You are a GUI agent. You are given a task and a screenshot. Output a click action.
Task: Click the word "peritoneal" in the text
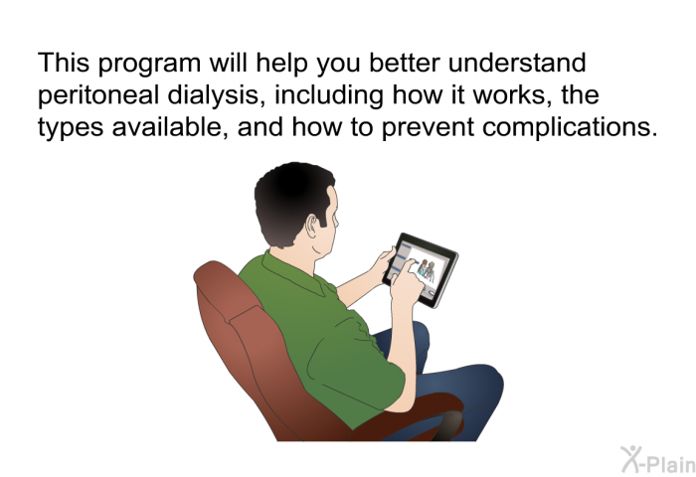[x=98, y=95]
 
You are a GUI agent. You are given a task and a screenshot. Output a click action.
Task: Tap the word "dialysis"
[x=217, y=95]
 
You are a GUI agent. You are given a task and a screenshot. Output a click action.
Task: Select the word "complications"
[x=570, y=127]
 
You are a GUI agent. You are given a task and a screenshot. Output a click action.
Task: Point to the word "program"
[x=149, y=64]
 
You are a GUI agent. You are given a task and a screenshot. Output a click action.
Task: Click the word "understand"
[x=517, y=63]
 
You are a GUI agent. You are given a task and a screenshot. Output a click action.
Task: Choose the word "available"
[x=170, y=127]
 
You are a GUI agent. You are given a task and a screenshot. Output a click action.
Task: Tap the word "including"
[x=328, y=95]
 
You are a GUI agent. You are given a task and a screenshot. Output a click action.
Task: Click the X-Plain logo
[x=658, y=459]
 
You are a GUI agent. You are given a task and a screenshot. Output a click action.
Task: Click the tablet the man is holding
[x=421, y=270]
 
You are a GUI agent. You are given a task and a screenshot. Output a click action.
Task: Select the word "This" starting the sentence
[x=64, y=63]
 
